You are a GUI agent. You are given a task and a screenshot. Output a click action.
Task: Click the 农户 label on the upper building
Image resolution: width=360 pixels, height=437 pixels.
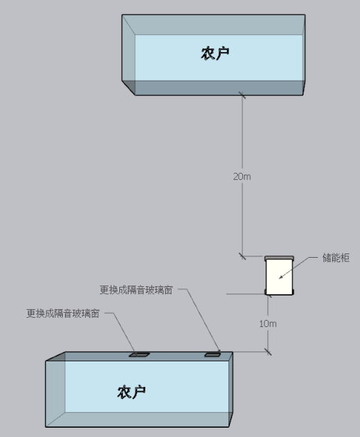point(215,54)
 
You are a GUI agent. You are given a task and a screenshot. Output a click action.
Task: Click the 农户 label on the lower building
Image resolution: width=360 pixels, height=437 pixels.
point(131,392)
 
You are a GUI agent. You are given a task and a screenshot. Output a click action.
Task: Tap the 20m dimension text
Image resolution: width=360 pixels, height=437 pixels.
point(242,176)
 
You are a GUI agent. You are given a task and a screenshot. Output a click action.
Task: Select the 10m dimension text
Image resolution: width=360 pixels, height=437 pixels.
point(268,323)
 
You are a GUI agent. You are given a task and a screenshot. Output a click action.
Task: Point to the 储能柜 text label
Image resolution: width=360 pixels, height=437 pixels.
point(336,258)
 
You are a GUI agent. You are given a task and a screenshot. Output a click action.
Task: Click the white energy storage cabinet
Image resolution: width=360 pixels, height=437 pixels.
point(279,276)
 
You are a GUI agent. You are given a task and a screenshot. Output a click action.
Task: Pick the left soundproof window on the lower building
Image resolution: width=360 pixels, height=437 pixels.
point(139,355)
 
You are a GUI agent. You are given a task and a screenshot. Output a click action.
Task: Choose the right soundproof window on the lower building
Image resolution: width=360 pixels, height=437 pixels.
point(212,355)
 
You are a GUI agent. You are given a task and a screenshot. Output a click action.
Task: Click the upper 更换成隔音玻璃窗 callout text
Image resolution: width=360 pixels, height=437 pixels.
point(136,290)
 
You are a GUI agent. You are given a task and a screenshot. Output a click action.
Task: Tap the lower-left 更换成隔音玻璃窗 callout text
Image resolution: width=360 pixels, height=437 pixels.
point(63,313)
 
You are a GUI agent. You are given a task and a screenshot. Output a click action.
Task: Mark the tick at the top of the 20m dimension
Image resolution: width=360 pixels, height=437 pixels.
point(242,95)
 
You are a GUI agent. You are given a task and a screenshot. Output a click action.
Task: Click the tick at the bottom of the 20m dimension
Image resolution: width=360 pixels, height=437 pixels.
point(242,256)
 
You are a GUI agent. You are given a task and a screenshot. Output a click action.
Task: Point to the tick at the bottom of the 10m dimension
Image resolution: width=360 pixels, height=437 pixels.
point(268,352)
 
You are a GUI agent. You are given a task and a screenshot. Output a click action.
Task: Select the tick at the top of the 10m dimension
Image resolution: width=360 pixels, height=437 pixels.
point(269,295)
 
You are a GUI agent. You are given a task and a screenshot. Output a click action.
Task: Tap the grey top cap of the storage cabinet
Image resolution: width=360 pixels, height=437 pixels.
point(279,258)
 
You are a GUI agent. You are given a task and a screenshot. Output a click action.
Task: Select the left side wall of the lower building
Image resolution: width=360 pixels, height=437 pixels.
point(56,389)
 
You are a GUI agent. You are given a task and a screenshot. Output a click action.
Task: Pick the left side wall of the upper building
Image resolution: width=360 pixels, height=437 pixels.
point(129,55)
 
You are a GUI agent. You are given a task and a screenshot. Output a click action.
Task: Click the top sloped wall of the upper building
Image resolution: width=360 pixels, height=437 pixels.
point(214,25)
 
